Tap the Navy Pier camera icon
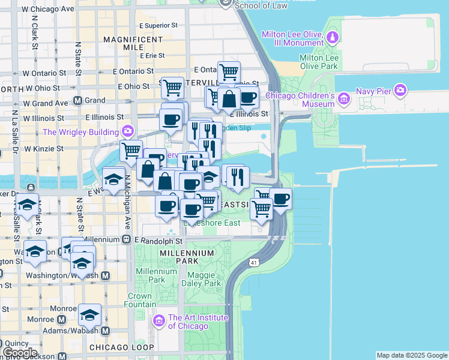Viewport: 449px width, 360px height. (x=400, y=91)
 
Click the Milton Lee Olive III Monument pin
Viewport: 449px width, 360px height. (x=332, y=38)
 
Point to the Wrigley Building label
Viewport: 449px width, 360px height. (x=81, y=131)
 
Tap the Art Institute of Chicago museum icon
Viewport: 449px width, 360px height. (x=159, y=322)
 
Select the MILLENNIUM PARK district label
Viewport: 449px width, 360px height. (x=187, y=253)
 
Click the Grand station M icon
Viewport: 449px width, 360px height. (x=77, y=100)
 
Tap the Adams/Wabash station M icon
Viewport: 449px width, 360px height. (x=106, y=331)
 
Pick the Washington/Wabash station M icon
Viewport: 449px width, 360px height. (x=106, y=275)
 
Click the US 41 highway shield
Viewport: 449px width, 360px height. (x=255, y=262)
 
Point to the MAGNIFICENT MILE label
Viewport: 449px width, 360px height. (x=133, y=43)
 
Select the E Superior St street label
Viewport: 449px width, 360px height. (x=158, y=26)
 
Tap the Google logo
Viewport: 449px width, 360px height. (x=20, y=353)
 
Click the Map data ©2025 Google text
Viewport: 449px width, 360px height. (x=412, y=355)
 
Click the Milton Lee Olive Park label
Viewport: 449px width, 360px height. (x=319, y=62)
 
